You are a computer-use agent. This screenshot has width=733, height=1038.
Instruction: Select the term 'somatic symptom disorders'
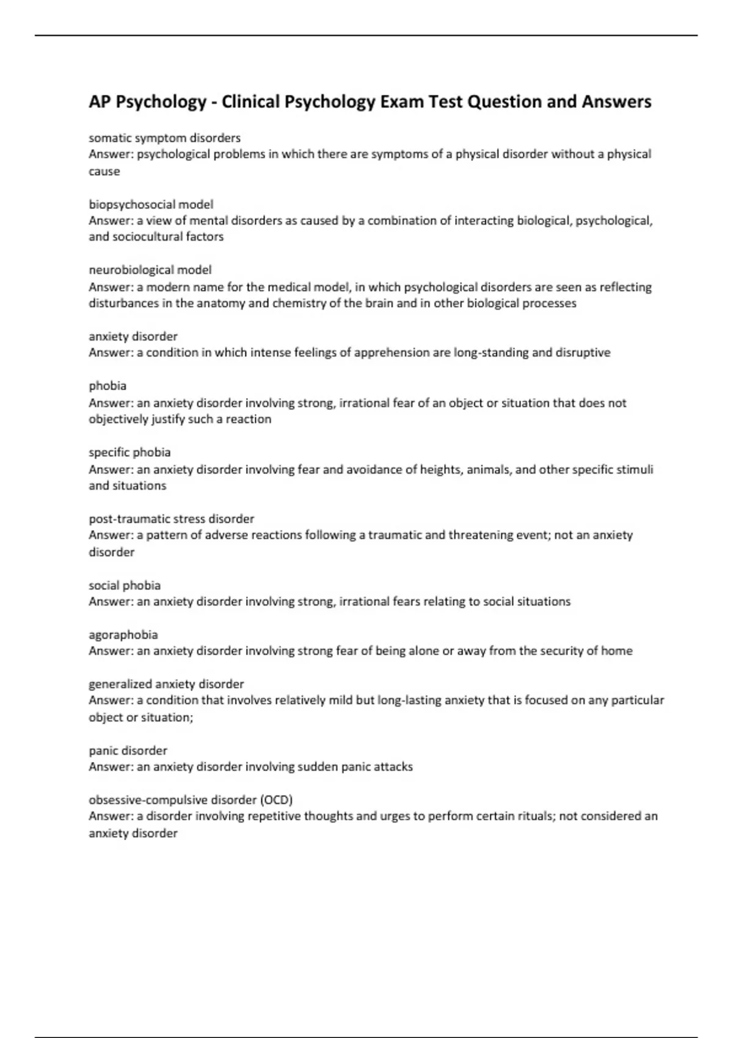pyautogui.click(x=164, y=138)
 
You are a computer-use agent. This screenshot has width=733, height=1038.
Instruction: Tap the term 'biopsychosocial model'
pyautogui.click(x=151, y=205)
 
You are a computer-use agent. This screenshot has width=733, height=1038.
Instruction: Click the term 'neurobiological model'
pyautogui.click(x=150, y=270)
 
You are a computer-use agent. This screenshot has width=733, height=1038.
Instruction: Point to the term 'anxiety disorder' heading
pyautogui.click(x=133, y=336)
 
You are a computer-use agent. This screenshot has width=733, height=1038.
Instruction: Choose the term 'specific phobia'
pyautogui.click(x=129, y=452)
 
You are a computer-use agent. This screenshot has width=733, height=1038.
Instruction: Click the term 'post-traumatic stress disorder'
pyautogui.click(x=171, y=519)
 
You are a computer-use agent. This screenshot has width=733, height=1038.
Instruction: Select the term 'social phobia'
pyautogui.click(x=125, y=586)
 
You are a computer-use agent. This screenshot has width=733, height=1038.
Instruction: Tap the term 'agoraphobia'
pyautogui.click(x=123, y=635)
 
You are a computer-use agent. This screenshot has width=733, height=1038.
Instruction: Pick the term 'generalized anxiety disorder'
pyautogui.click(x=166, y=684)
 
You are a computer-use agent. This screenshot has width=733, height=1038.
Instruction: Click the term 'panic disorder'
pyautogui.click(x=128, y=751)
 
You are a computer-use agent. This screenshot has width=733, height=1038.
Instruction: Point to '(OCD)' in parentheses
pyautogui.click(x=277, y=800)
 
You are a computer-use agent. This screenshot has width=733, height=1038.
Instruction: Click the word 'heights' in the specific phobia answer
pyautogui.click(x=440, y=470)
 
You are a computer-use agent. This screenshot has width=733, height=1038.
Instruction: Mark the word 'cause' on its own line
pyautogui.click(x=104, y=172)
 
